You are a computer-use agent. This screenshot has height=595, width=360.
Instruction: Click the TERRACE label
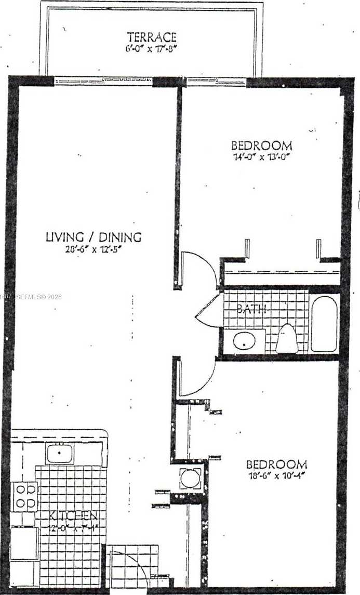coord(152,37)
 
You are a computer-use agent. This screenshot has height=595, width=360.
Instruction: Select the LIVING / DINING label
coord(94,237)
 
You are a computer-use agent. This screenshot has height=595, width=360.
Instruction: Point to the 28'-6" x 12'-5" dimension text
coord(94,249)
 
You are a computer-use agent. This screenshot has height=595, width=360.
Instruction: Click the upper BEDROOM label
coord(261,146)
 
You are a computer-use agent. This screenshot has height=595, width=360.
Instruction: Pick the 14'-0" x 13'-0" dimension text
coord(262,156)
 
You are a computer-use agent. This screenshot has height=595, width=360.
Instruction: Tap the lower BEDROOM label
coord(276,465)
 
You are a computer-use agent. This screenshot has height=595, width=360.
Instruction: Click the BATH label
coord(251,309)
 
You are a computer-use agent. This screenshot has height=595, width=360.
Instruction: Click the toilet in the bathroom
coord(286,339)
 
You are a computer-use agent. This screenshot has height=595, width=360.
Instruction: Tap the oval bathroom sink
coord(244,341)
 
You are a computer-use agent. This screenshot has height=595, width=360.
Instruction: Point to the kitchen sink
coord(59,454)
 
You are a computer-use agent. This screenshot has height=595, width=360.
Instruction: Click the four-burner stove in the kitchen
coord(25,496)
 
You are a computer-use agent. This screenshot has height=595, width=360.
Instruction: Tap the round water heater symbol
coord(190,478)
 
